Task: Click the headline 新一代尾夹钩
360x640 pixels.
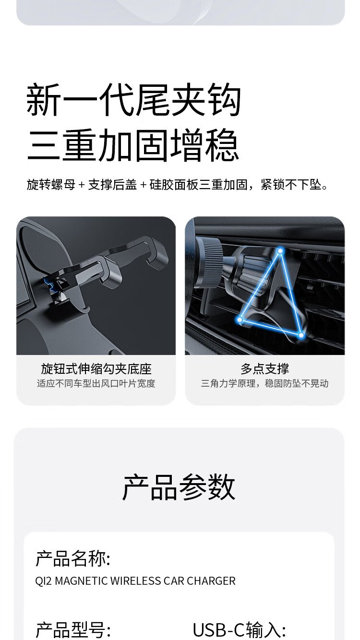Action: tap(133, 100)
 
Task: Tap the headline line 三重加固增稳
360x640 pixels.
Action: tap(133, 145)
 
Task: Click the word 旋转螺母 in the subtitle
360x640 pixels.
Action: tap(51, 185)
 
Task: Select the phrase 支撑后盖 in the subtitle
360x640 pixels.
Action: tap(112, 185)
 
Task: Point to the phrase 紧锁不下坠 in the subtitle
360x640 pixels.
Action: tap(291, 185)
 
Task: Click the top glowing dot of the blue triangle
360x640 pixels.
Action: tap(280, 251)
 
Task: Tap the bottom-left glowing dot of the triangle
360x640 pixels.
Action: tap(240, 320)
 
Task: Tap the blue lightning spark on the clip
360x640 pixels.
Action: tap(50, 284)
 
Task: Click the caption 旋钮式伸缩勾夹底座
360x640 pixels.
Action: tap(96, 369)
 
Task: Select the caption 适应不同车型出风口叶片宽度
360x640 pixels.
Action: tap(96, 383)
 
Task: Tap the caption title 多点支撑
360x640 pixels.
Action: tap(265, 369)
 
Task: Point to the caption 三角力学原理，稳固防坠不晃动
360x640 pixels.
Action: tap(265, 383)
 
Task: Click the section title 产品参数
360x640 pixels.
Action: tap(179, 487)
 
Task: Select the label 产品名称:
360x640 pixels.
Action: tap(73, 558)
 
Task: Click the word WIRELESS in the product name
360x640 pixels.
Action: tap(136, 581)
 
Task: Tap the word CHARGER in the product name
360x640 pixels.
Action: tap(211, 581)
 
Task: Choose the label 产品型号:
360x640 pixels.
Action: tap(73, 630)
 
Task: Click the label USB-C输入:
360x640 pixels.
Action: tap(240, 630)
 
